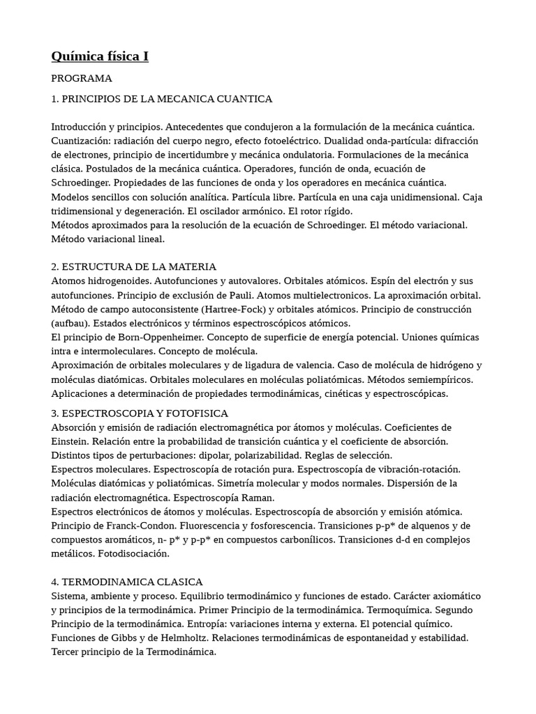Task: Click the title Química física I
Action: click(x=100, y=56)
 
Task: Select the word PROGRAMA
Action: click(x=82, y=78)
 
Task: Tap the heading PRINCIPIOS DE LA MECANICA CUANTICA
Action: click(x=167, y=99)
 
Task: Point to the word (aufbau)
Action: click(x=73, y=324)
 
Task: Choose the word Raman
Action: click(x=262, y=498)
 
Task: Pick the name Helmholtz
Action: click(x=179, y=638)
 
